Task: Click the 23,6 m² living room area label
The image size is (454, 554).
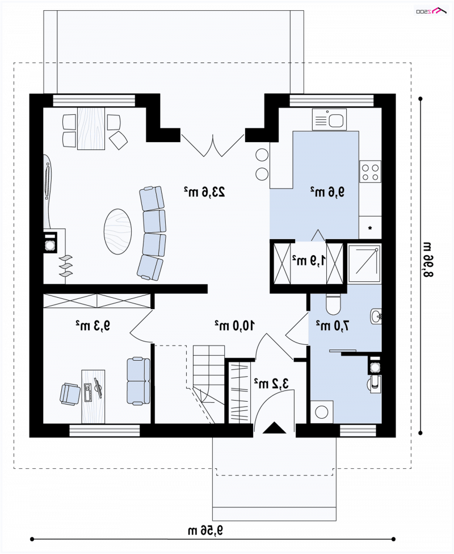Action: click(204, 191)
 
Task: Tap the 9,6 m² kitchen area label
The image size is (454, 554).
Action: click(327, 191)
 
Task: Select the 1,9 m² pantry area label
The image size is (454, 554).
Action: click(309, 260)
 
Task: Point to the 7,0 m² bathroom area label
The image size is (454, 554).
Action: click(333, 325)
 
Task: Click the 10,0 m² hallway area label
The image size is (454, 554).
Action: click(235, 324)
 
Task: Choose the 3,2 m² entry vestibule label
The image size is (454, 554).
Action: click(271, 383)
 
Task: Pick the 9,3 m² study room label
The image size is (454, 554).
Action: click(93, 325)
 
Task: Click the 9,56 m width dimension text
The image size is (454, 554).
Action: click(205, 530)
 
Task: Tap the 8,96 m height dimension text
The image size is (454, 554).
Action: click(427, 259)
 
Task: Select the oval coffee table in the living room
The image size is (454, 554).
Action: click(118, 231)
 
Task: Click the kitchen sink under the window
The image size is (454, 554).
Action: click(330, 119)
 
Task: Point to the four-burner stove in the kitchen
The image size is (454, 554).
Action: click(371, 172)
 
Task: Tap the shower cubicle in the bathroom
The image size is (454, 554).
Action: click(365, 264)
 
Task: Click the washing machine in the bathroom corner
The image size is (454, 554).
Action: click(322, 411)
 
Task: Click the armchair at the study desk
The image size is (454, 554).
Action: click(70, 394)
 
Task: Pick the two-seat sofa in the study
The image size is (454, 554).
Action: click(138, 381)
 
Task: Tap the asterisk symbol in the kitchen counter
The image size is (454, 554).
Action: click(371, 228)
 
